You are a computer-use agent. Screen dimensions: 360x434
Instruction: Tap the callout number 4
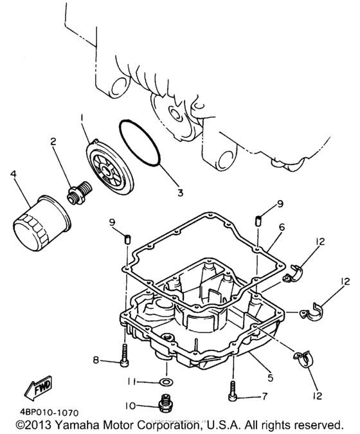click(x=14, y=174)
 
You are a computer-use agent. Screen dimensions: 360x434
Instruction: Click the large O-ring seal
click(x=140, y=143)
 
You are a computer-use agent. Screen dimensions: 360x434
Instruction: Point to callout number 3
click(x=180, y=192)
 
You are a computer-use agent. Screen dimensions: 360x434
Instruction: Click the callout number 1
click(x=82, y=118)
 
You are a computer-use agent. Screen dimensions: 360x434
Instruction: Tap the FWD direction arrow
click(x=38, y=388)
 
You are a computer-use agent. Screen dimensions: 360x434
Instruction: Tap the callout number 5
click(x=270, y=377)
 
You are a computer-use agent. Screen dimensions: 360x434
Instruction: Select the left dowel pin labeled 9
click(x=127, y=239)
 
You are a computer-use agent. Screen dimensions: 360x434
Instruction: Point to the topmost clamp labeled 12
click(x=293, y=273)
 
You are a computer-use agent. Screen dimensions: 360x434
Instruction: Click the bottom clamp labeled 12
click(x=303, y=359)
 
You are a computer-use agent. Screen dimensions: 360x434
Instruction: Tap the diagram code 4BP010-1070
click(x=49, y=413)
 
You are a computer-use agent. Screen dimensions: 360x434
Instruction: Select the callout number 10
click(x=130, y=406)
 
